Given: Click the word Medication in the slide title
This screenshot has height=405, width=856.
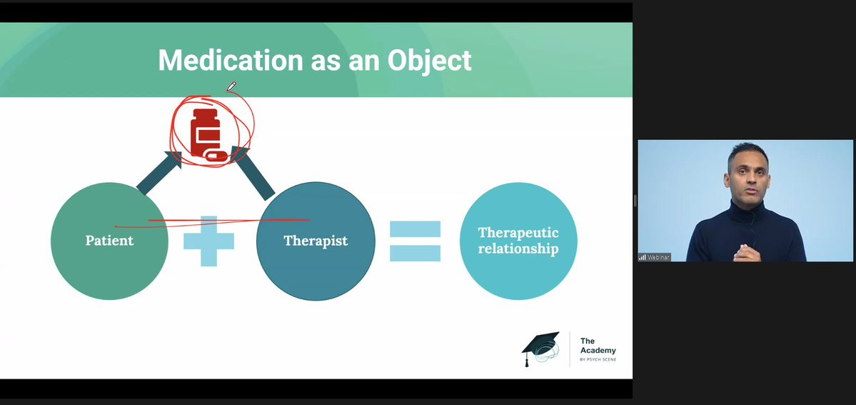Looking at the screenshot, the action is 231,59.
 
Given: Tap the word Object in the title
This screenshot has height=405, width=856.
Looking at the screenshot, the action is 429,60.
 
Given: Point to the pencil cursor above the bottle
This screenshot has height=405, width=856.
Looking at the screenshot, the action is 231,86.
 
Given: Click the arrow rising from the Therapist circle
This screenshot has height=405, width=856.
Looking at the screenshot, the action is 252,173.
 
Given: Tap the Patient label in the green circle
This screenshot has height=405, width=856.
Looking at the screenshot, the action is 109,240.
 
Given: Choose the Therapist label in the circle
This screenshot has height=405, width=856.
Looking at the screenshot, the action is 316,241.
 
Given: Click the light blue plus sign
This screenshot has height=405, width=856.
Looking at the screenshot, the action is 208,241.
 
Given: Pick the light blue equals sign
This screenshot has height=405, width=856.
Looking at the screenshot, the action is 415,241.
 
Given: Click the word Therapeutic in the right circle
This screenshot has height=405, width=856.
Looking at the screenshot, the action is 518,233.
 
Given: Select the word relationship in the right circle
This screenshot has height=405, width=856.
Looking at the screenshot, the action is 518,249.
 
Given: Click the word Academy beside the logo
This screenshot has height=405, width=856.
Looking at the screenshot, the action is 598,350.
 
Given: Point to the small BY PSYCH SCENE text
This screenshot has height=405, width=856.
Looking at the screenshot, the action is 598,359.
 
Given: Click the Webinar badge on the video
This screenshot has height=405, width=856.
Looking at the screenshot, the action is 654,257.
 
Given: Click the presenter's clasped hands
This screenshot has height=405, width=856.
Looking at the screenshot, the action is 746,253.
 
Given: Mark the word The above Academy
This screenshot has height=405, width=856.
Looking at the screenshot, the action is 588,341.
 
